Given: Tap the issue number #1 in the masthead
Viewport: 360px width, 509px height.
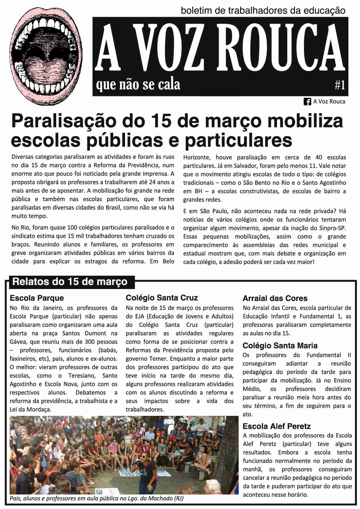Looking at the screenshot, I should (x=340, y=85).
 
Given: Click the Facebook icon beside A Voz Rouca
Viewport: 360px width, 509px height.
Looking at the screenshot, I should (x=307, y=102).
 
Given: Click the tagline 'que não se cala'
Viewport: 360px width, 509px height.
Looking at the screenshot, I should (x=138, y=84).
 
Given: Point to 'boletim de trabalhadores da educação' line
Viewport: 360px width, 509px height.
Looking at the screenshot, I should (x=263, y=11).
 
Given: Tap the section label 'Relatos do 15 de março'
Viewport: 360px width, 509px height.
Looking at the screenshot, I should (x=70, y=281).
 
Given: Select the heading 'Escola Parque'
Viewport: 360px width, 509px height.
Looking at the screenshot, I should (x=37, y=298).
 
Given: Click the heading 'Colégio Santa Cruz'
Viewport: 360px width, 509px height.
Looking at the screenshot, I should (x=162, y=298).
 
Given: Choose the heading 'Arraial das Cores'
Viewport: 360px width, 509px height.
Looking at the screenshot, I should (x=275, y=298).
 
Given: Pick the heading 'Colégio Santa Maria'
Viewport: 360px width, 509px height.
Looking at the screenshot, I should (x=280, y=346).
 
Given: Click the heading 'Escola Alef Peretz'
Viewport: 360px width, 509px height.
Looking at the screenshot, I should (x=276, y=426).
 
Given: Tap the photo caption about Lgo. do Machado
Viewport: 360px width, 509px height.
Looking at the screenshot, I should (x=97, y=499).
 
